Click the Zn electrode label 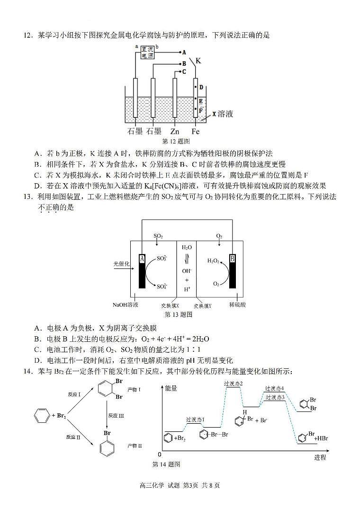click(175, 131)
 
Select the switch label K click(198, 61)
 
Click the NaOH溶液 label click(126, 305)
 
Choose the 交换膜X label click(170, 306)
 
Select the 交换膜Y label click(202, 306)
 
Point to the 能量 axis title click(171, 388)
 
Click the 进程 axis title click(320, 457)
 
